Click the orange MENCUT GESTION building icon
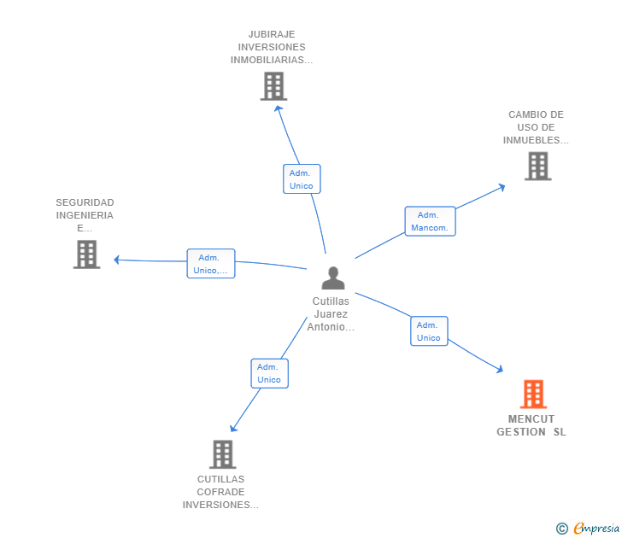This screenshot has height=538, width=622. pos(533,395)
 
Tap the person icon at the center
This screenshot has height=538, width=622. pos(332,278)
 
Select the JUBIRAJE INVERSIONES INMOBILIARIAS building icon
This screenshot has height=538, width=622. pos(273,86)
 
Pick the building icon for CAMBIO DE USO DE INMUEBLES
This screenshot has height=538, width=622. pos(537,166)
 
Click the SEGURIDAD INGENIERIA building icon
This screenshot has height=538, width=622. pos(86,254)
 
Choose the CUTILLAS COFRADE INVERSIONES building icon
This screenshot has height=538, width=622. pos(222,454)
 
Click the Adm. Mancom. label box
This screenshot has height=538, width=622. pos(430,221)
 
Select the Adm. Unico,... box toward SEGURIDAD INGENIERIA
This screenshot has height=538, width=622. pos(210,264)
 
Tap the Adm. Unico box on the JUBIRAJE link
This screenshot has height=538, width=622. pos(302,179)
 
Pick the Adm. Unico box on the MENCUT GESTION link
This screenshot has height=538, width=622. pos(429,331)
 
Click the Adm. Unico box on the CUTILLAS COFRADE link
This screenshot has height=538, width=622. pos(269,373)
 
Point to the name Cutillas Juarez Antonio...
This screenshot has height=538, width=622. pos(331,313)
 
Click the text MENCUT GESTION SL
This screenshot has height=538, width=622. pos(531,425)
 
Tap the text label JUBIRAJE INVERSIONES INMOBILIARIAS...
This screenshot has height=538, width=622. pos(272,48)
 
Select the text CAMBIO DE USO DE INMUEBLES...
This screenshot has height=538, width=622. pos(536,127)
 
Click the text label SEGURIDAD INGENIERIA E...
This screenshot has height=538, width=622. pos(85,215)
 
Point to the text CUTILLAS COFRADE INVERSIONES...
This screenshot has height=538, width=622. pos(220,492)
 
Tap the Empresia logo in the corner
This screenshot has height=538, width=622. pos(596,528)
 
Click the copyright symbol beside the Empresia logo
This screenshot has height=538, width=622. pos(561,529)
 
